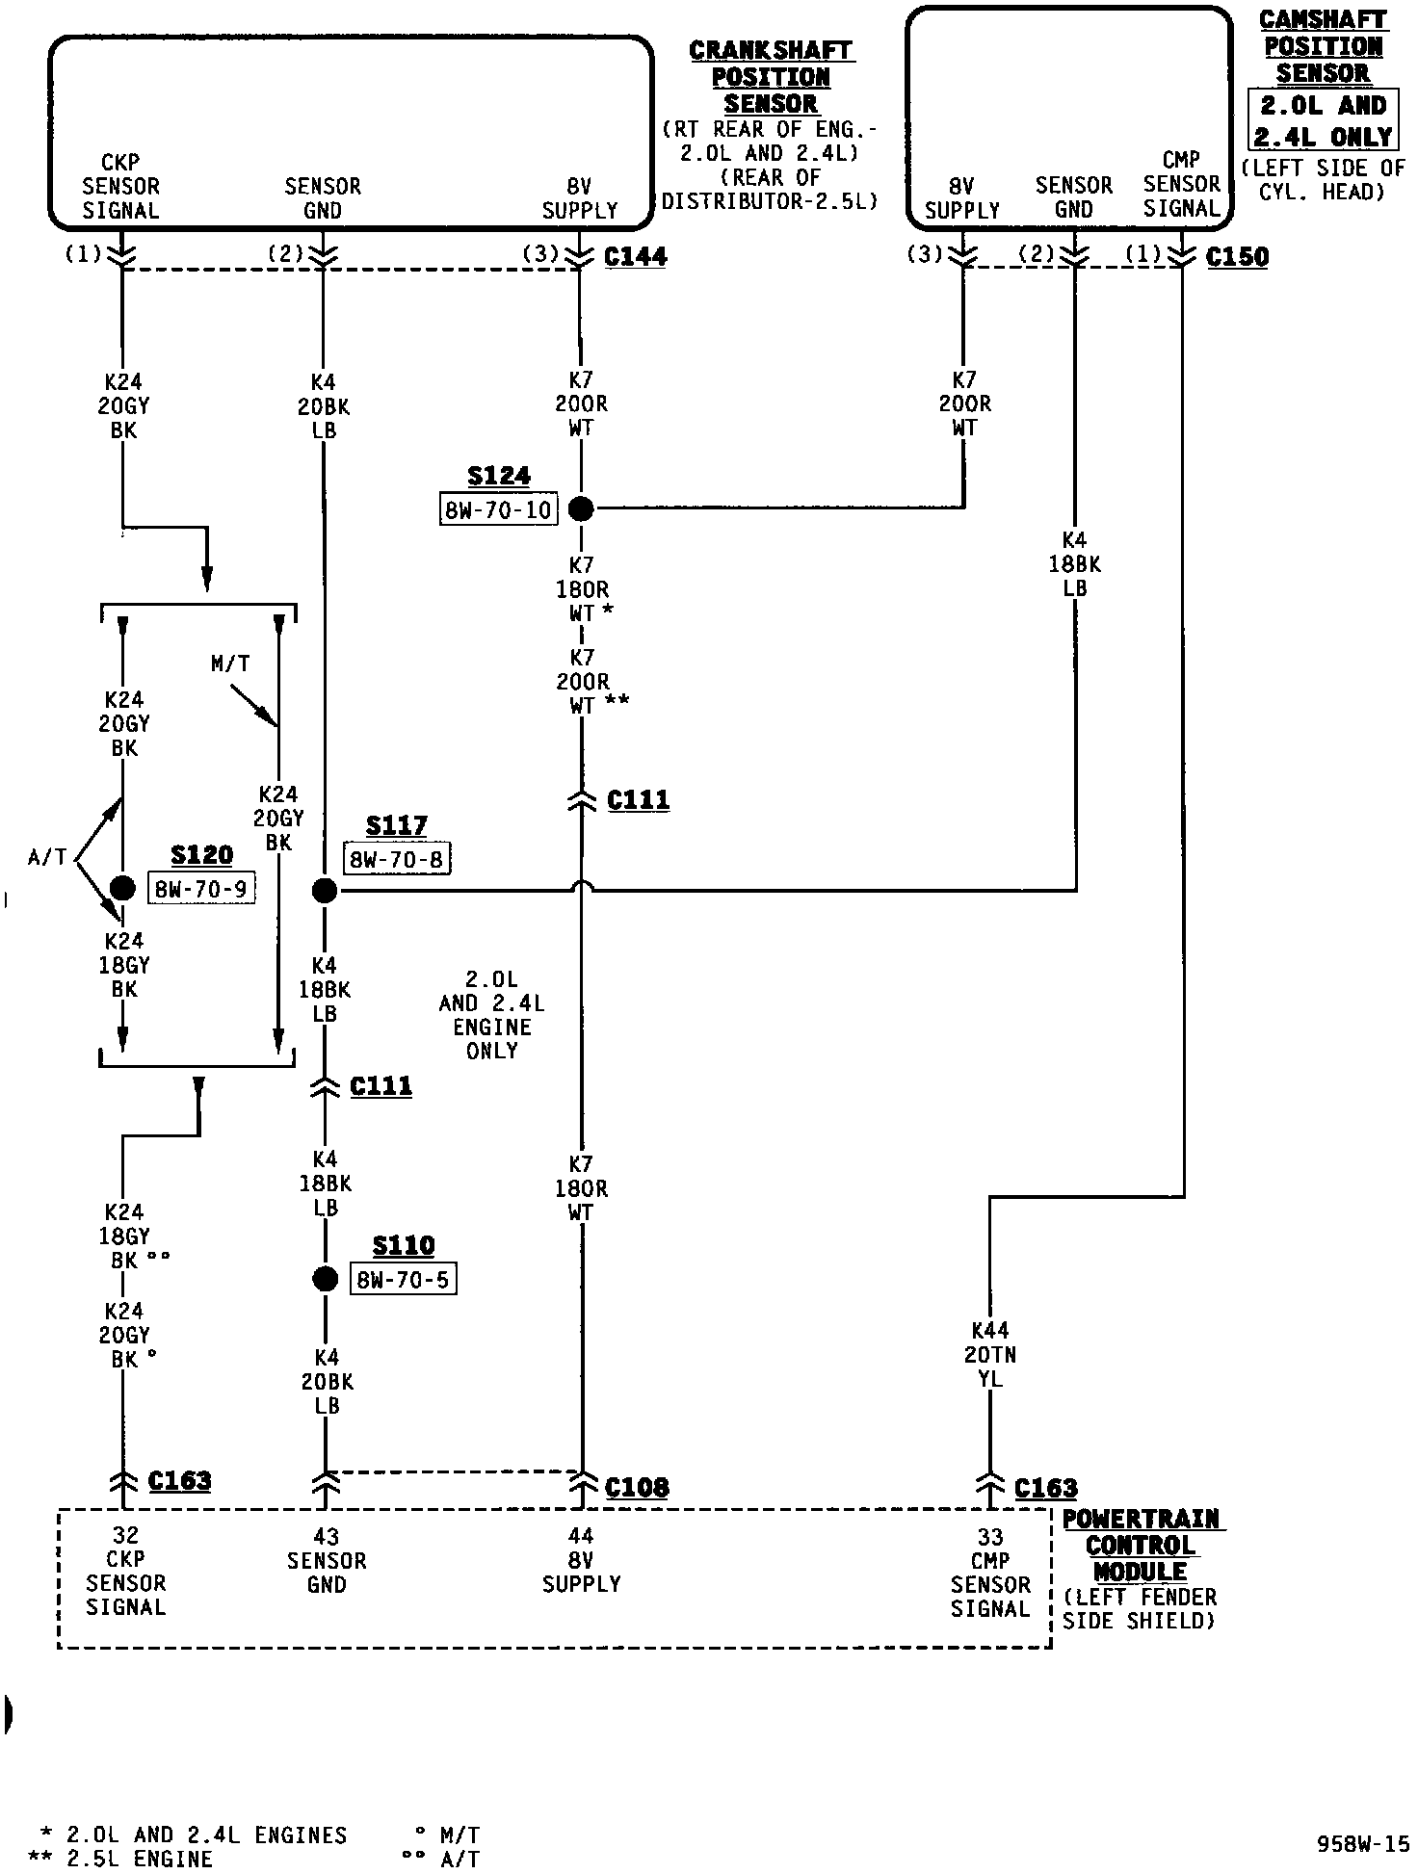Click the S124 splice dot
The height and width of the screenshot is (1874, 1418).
(581, 508)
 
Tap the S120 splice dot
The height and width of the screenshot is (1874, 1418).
(122, 888)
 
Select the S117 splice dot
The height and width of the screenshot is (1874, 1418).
(325, 891)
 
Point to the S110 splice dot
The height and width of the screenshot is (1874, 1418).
(326, 1279)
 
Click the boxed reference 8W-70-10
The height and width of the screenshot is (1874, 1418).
(498, 509)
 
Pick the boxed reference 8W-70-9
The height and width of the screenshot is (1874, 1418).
(201, 888)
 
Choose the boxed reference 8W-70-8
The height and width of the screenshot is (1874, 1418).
(397, 858)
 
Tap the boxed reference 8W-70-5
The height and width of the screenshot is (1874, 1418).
(403, 1279)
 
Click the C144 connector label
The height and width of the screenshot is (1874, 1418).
(636, 256)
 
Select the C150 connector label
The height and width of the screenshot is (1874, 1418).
(1237, 256)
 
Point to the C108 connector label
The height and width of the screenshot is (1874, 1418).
(637, 1487)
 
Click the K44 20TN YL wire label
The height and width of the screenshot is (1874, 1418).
(990, 1354)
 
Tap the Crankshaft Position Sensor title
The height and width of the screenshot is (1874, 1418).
(772, 77)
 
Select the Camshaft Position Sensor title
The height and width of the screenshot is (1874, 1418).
(1323, 46)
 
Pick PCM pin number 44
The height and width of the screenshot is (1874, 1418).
(581, 1536)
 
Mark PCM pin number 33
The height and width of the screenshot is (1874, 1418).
(990, 1537)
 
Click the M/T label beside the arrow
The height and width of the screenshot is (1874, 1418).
(230, 664)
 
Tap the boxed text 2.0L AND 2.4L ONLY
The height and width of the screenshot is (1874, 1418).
(1323, 120)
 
